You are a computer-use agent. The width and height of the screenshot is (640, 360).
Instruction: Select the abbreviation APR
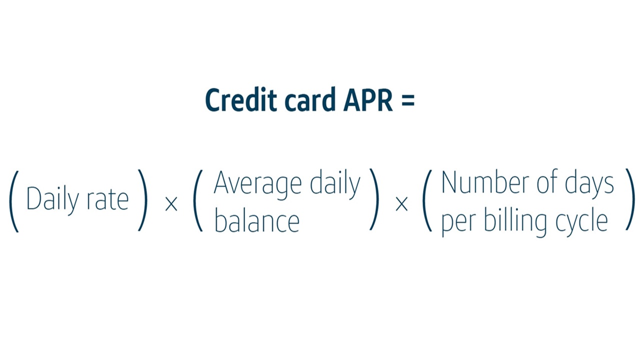pyautogui.click(x=368, y=100)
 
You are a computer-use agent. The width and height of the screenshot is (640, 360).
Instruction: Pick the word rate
pyautogui.click(x=107, y=200)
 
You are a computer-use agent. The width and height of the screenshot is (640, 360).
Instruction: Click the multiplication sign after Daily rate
pyautogui.click(x=171, y=204)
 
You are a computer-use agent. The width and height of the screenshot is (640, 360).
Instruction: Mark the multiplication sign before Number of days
pyautogui.click(x=401, y=204)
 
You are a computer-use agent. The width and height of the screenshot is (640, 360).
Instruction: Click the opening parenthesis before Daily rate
pyautogui.click(x=14, y=201)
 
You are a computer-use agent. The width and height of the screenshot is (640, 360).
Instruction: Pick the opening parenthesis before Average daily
pyautogui.click(x=198, y=201)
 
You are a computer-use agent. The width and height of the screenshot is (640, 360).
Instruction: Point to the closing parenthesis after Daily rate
pyautogui.click(x=143, y=201)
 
